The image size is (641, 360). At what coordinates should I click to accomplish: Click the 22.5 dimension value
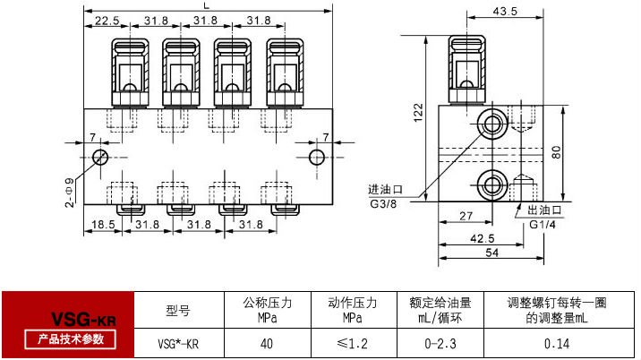(107, 20)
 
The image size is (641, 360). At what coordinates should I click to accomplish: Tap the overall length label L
(208, 6)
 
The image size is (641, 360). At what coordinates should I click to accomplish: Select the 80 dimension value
(556, 151)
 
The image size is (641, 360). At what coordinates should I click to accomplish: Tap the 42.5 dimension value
(482, 238)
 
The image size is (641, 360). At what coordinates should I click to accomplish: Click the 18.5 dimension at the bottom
(100, 224)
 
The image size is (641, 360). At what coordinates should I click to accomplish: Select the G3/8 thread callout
(383, 202)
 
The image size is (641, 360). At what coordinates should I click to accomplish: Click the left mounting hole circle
(101, 158)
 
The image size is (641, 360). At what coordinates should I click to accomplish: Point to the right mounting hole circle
(316, 158)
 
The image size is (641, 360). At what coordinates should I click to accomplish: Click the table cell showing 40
(267, 343)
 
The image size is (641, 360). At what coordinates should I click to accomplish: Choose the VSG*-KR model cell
(178, 343)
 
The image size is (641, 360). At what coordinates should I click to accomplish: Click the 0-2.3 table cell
(440, 343)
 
